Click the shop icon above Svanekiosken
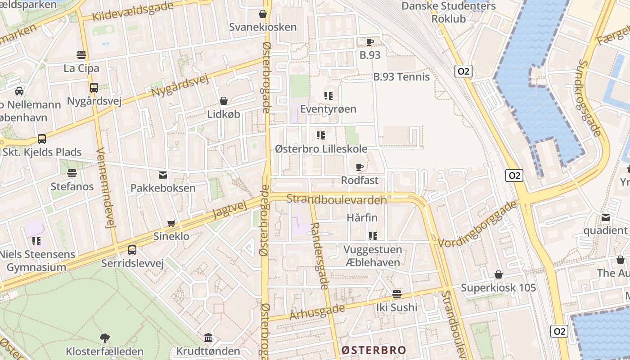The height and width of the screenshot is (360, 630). point(263,14)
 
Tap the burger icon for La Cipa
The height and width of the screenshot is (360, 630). point(81,55)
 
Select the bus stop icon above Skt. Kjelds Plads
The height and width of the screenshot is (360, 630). point(42,139)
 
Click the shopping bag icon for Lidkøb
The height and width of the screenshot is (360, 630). point(223,101)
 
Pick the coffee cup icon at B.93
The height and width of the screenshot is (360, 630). point(369,42)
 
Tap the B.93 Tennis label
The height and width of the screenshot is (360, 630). point(401,77)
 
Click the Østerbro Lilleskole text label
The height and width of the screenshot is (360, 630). point(321,149)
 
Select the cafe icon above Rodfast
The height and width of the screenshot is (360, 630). point(359,167)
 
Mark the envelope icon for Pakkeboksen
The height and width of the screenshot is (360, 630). point(162,175)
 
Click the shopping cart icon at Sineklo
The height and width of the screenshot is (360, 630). point(171,223)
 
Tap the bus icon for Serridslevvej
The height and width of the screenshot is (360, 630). point(132,250)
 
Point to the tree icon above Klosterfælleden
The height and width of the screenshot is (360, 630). point(104,338)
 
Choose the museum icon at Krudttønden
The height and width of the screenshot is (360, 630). point(208,337)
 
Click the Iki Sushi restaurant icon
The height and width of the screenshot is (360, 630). point(396,294)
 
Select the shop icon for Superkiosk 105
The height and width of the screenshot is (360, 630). point(498,274)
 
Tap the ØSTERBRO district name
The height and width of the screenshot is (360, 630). point(373,350)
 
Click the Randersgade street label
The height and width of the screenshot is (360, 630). point(320,256)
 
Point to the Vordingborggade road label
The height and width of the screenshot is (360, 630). point(477,224)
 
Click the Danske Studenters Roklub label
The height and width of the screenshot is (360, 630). point(448,13)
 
